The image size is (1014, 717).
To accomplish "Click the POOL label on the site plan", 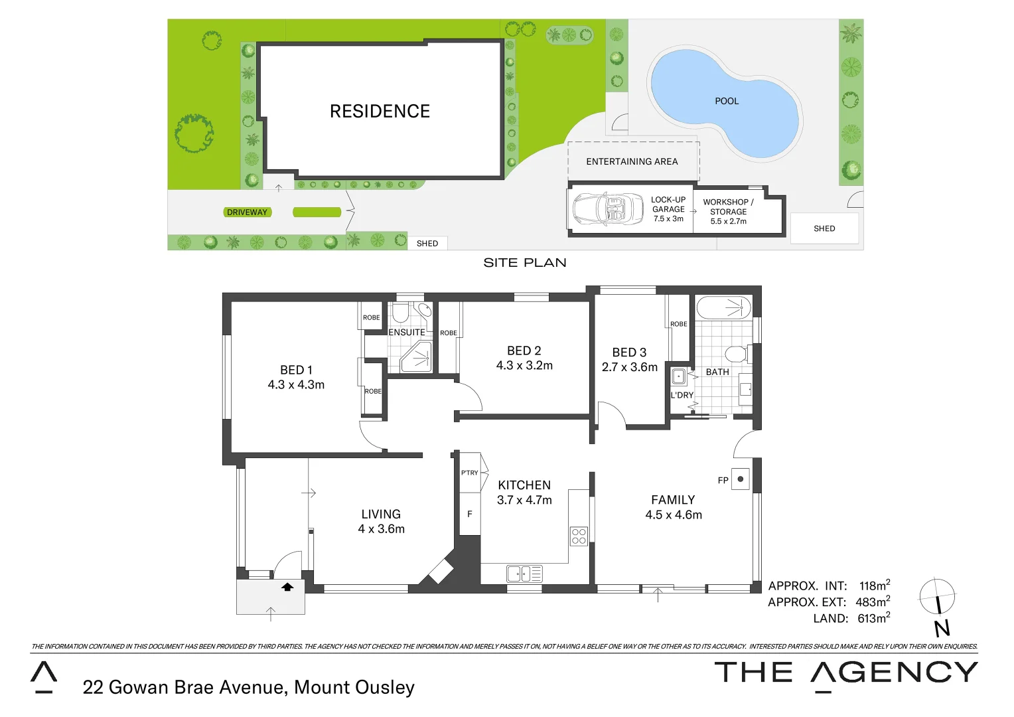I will tap(727, 101).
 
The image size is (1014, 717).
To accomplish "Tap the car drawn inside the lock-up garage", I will tap(608, 209).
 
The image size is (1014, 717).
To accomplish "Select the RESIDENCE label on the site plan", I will tap(380, 111).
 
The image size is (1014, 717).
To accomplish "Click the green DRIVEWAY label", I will tap(247, 212).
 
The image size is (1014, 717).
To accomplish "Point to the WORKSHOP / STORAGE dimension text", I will tap(728, 222).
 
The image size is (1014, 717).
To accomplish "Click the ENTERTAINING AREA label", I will tap(632, 161).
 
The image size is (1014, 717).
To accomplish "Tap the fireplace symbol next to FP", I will tap(740, 479).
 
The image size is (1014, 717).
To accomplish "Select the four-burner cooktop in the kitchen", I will tap(579, 536).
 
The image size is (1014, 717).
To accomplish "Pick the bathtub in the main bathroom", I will tap(723, 307).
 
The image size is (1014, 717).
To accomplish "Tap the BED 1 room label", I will tap(296, 370).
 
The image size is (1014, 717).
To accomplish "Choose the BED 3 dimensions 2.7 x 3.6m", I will tap(629, 367).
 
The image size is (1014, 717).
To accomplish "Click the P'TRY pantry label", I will tap(469, 473).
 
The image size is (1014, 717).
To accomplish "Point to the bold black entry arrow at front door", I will tap(287, 587).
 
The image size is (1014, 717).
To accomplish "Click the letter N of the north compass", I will tap(942, 628).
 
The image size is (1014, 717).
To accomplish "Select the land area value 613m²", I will tap(873, 618).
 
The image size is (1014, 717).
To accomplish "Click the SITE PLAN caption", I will tap(524, 263).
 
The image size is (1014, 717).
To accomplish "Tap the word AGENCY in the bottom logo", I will tap(894, 673).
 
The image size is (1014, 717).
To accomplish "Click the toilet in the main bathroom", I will tap(736, 353).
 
